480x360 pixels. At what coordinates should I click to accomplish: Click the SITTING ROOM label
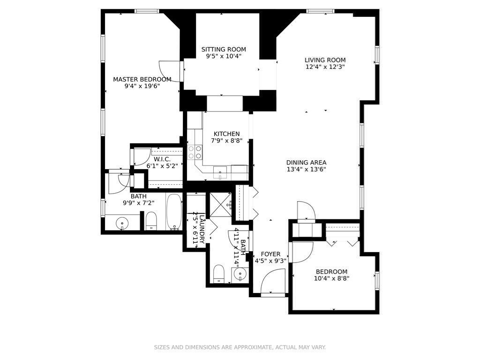click(224, 49)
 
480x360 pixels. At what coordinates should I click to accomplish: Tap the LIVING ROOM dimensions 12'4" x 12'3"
click(325, 67)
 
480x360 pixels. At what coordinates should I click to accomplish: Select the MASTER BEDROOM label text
click(142, 79)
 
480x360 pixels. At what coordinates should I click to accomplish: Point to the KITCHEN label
click(226, 134)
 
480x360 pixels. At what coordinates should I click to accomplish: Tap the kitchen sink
click(220, 172)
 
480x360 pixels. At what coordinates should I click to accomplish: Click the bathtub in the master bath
click(174, 212)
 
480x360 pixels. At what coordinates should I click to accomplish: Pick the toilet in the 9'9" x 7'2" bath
click(151, 221)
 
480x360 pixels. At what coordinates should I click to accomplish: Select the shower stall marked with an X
click(221, 204)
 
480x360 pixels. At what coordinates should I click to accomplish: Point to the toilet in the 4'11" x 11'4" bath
click(219, 273)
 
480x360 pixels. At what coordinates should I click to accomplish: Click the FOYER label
click(270, 254)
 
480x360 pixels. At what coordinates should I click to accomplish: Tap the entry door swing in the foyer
click(271, 282)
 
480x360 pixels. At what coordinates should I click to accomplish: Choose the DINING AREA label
click(306, 163)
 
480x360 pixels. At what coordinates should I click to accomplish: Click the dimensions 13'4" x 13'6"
click(306, 170)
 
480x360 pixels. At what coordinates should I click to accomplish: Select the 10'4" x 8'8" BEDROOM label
click(331, 272)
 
